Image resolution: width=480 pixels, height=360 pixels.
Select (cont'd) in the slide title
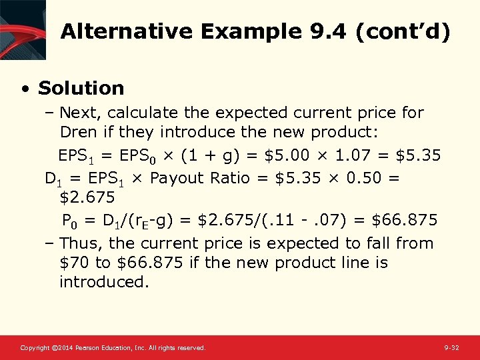coord(403,31)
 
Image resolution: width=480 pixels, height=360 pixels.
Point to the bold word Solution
coord(81,88)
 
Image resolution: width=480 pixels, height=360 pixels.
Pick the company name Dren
coord(80,132)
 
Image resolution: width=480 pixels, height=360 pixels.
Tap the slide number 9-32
coord(451,348)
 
